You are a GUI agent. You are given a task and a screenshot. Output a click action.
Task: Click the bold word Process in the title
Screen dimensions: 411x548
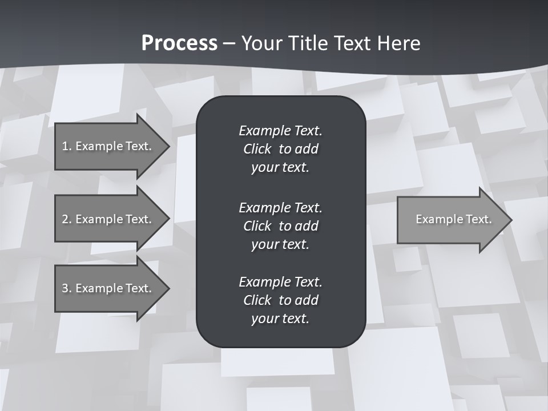[179, 43]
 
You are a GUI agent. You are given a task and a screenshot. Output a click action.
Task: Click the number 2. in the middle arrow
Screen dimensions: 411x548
[66, 219]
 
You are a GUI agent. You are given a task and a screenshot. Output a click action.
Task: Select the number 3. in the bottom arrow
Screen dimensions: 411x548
[66, 288]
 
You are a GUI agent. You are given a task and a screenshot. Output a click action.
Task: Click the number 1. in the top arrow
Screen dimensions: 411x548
[66, 146]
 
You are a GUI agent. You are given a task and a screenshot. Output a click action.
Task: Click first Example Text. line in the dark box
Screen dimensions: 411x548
[280, 131]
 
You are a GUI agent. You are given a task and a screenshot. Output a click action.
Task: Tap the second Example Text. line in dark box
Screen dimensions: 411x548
[280, 207]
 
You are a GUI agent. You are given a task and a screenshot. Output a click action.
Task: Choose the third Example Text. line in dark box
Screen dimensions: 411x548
[280, 282]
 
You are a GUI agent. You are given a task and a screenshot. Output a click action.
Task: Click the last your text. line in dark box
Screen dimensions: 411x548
[280, 319]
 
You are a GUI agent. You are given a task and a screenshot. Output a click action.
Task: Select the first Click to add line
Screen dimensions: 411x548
[280, 149]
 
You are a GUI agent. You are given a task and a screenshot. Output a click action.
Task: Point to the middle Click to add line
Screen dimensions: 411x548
[280, 226]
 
